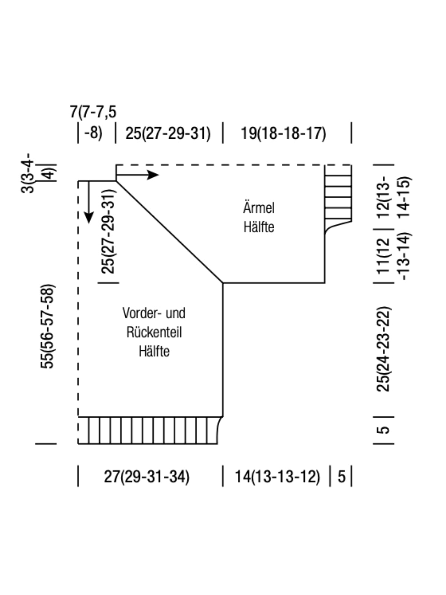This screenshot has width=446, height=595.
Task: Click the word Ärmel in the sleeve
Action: tap(259, 207)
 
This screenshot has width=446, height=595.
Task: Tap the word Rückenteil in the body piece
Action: tap(154, 332)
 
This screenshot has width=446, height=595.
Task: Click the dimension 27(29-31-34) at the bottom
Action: tap(146, 476)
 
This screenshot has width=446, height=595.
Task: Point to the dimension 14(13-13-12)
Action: tap(277, 476)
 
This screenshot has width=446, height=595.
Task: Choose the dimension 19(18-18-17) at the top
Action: tap(283, 133)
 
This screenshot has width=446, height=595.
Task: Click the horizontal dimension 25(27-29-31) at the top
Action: tap(168, 133)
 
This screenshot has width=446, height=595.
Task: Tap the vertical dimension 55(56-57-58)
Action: tap(48, 327)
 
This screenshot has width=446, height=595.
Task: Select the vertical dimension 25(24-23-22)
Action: tap(384, 349)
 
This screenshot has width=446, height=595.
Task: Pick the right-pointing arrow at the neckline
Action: tap(152, 174)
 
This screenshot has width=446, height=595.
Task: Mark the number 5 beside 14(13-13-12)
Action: tap(342, 476)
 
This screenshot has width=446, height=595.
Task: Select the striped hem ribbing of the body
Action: tap(149, 430)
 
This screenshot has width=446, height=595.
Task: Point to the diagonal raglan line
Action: tap(169, 232)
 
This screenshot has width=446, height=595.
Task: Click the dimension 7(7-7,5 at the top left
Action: tap(93, 112)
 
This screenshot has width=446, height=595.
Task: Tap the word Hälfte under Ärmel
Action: tap(259, 226)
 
